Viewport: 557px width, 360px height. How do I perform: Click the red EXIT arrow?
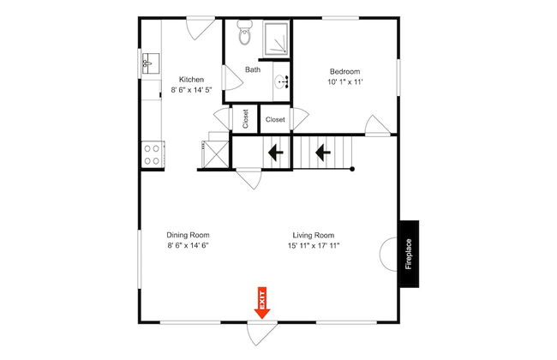point(262,302)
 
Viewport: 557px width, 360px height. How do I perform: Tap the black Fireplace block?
point(409,254)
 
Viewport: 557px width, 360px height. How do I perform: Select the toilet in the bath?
point(245,33)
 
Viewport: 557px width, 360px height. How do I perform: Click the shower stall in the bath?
point(277,39)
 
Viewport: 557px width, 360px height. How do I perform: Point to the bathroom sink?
point(283,82)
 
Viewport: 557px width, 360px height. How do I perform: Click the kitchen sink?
point(151,63)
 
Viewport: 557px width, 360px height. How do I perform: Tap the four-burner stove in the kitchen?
point(153,154)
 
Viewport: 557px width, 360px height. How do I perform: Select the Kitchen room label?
point(191,79)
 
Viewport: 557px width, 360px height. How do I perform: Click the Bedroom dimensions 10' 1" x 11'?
point(345,82)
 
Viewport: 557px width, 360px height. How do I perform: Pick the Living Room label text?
point(314,235)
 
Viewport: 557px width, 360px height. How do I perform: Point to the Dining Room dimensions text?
point(188,245)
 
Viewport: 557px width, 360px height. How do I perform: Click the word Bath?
point(253,69)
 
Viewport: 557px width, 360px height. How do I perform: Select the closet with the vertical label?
point(245,119)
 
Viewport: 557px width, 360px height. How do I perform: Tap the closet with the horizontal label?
point(275,119)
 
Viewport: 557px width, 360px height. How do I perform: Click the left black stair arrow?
point(275,153)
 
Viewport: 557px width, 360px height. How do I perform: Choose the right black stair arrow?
point(323,153)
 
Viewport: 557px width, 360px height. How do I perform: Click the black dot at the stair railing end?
point(352,169)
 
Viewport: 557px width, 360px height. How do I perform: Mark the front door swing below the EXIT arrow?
point(261,333)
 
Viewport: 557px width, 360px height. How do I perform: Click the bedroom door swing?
point(378,125)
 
